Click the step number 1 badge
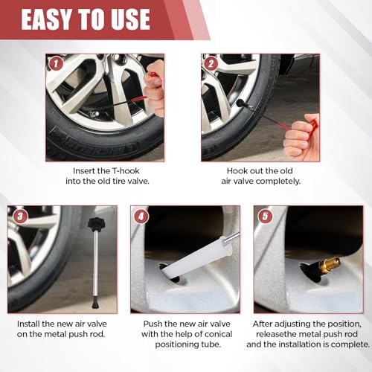[x=56, y=63]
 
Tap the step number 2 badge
[x=211, y=63]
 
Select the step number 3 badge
[x=20, y=217]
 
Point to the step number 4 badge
[x=141, y=217]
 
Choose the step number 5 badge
[x=265, y=217]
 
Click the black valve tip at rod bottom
[x=95, y=302]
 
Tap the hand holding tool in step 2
[x=301, y=137]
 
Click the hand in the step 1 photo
[x=154, y=87]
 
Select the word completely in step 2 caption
[x=278, y=182]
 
